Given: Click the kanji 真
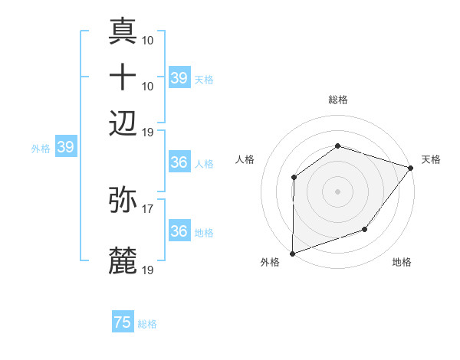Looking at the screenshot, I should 123,31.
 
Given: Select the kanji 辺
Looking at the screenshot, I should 123,122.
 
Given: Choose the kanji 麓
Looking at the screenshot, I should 123,261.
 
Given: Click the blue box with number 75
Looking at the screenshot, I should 123,322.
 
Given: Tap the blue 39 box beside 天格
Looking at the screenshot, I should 179,77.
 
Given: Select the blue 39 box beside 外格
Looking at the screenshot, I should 65,147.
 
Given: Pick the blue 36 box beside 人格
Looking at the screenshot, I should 179,162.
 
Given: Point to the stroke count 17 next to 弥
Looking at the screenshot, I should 148,207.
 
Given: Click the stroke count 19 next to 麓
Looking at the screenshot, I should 148,270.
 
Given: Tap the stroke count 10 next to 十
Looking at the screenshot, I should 148,85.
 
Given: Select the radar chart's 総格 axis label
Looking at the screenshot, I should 338,100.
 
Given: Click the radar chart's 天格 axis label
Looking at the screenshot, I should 431,159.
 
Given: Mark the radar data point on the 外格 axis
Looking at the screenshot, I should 292,253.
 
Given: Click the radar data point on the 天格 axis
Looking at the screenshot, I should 411,167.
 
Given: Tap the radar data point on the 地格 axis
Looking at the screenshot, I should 365,229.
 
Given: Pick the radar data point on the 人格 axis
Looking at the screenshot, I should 294,178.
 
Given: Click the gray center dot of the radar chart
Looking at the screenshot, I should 337,191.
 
